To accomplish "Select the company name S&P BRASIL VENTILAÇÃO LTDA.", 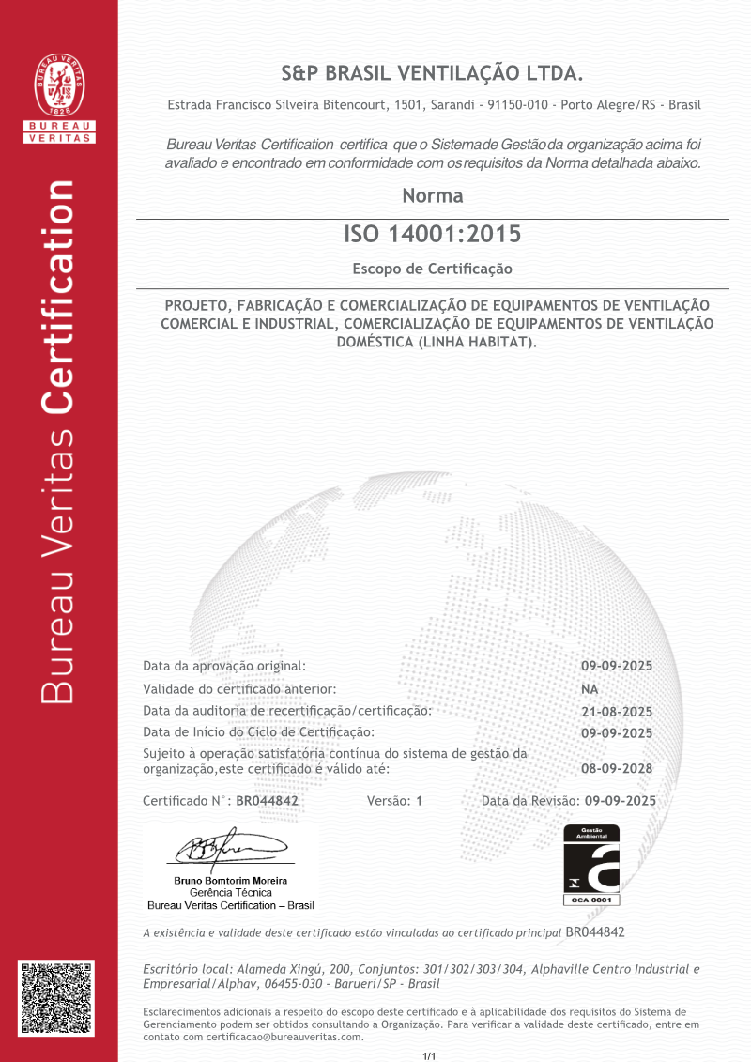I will pyautogui.click(x=433, y=73).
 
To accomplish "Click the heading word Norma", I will pyautogui.click(x=433, y=196).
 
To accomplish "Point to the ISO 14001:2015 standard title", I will pyautogui.click(x=433, y=234).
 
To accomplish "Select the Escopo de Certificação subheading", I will pyautogui.click(x=433, y=269).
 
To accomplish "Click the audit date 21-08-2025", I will pyautogui.click(x=617, y=712).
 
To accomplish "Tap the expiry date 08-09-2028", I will pyautogui.click(x=617, y=768).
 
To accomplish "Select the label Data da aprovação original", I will pyautogui.click(x=224, y=666).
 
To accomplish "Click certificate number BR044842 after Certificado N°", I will pyautogui.click(x=267, y=801).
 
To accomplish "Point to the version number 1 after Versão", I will pyautogui.click(x=420, y=801).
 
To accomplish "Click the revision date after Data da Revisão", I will pyautogui.click(x=620, y=801).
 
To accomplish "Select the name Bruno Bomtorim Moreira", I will pyautogui.click(x=231, y=881).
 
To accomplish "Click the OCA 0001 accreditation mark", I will pyautogui.click(x=591, y=865).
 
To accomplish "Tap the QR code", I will pyautogui.click(x=58, y=998).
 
